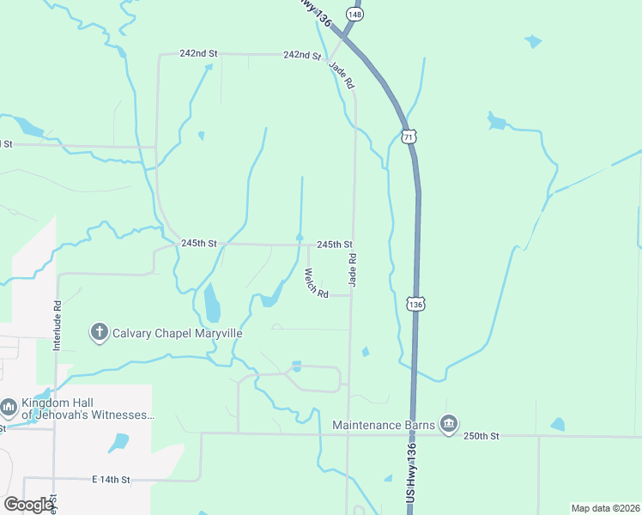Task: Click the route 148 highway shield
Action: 354,15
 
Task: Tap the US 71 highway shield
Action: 409,137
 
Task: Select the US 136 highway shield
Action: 415,305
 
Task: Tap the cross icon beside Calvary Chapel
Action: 99,331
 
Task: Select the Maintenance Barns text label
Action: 385,424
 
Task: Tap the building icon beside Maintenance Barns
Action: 448,424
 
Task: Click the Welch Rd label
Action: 317,283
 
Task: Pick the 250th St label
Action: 481,436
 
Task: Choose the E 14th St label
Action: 110,479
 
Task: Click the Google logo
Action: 28,505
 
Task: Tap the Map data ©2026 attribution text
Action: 605,507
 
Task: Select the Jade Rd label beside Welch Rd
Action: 352,269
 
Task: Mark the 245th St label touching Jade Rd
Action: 335,245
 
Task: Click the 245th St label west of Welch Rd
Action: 200,244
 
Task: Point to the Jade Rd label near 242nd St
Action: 341,79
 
